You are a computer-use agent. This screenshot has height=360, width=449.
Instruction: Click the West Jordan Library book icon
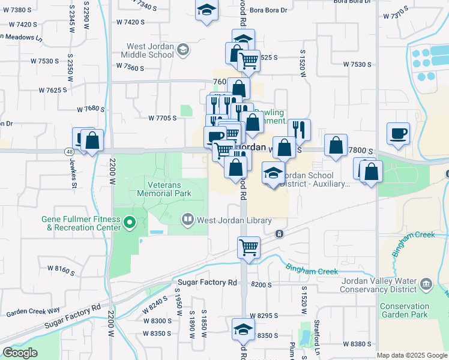pos(188,221)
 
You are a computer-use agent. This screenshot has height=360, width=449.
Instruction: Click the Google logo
pos(20,353)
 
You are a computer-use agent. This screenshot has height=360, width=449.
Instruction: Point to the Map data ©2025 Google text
pos(411,355)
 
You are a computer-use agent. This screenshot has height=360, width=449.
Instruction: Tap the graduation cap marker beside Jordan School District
pos(273,173)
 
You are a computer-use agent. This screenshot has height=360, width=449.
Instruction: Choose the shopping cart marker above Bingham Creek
pos(249,246)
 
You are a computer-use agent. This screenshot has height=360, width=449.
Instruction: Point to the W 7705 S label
pos(162,118)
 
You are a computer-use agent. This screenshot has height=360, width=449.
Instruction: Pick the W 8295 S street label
pos(265,316)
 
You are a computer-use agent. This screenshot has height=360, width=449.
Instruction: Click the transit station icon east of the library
pos(279,233)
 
